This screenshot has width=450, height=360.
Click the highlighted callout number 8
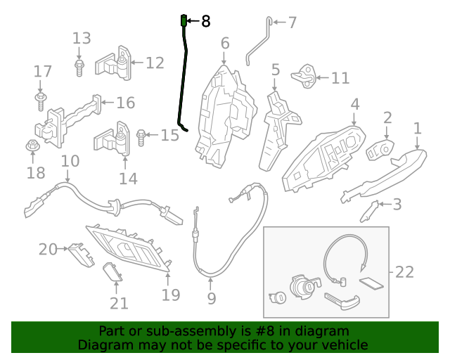[205, 22]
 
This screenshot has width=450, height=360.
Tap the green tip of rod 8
[184, 20]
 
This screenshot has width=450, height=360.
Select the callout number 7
[292, 22]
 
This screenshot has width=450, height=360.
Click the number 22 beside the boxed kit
[405, 271]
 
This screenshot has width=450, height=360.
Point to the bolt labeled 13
[79, 67]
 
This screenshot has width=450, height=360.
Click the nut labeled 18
[32, 147]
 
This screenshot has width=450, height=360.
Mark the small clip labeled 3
[371, 209]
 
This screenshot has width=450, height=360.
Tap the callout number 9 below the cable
[211, 300]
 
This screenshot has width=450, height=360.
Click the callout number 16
[124, 103]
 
